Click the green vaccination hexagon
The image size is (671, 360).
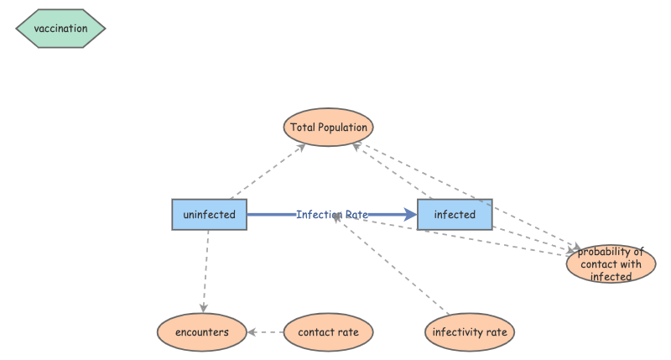pos(60,29)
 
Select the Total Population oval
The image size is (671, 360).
pos(328,128)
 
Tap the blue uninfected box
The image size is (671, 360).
pos(209,215)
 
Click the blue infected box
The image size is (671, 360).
pos(455,215)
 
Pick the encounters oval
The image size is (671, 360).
pos(202,332)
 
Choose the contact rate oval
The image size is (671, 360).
pos(328,332)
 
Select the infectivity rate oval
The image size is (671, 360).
pos(469,332)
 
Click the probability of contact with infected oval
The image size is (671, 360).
pos(611,264)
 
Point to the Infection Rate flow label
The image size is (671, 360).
pos(332,215)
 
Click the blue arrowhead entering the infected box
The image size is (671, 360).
pos(411,215)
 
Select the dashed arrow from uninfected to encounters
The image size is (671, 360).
pos(205,269)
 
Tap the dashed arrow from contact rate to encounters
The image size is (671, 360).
pos(266,332)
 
